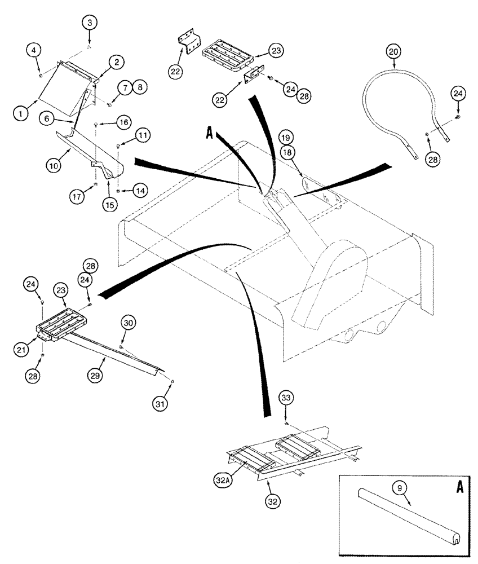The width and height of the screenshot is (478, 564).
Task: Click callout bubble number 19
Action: (285, 138)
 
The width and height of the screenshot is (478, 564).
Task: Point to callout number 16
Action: (123, 121)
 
